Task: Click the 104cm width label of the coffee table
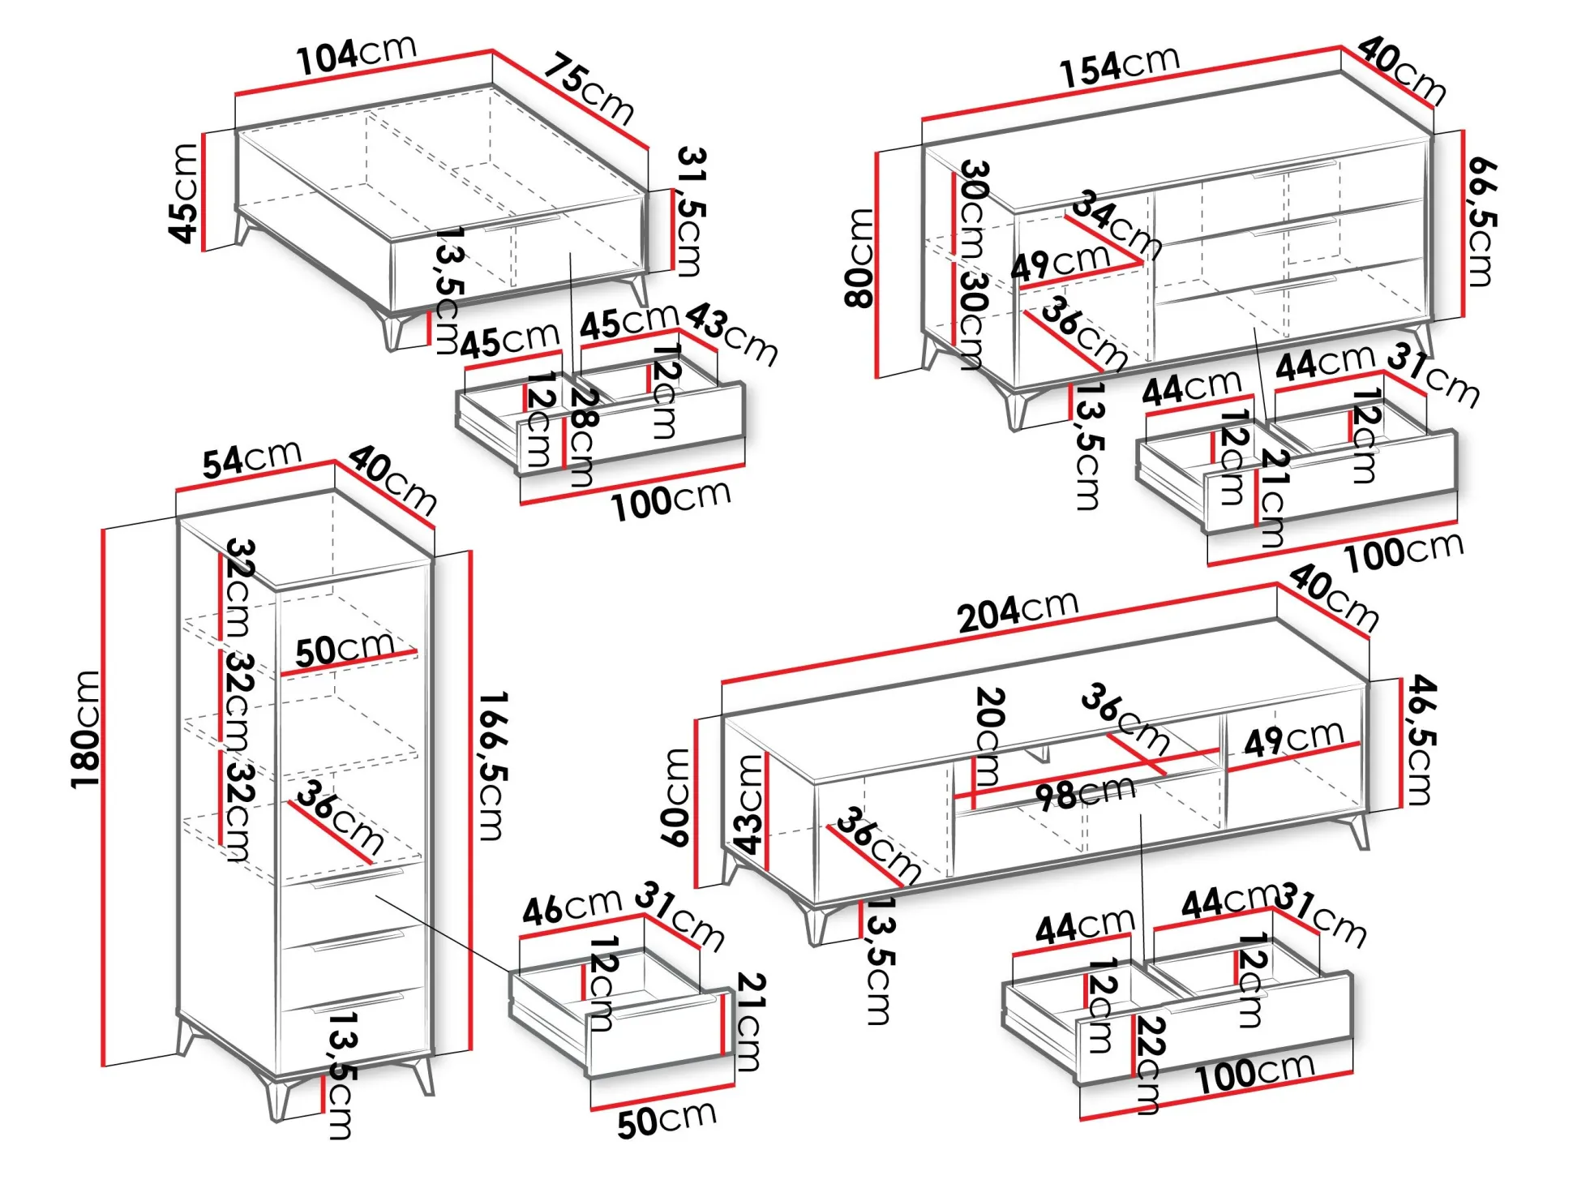click(x=356, y=55)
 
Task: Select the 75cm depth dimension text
click(x=588, y=88)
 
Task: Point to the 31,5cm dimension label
click(x=691, y=211)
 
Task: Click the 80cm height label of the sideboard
click(x=860, y=258)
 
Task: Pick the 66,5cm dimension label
click(x=1482, y=222)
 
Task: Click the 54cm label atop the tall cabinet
click(x=251, y=460)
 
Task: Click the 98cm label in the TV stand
click(x=1085, y=793)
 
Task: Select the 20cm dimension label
click(x=989, y=736)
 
